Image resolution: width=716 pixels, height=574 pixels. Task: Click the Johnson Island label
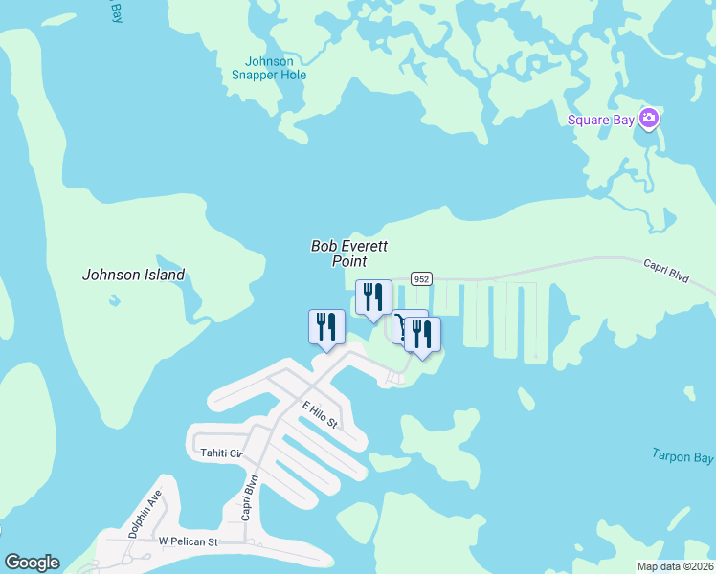133,275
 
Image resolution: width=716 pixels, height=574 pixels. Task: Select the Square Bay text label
602,120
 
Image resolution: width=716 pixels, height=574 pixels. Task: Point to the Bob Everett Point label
349,254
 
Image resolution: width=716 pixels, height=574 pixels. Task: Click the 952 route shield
422,278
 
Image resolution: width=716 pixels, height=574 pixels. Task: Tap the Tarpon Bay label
683,455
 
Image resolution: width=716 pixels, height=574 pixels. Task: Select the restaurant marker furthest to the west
326,326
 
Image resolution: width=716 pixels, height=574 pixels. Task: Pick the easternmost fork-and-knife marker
422,333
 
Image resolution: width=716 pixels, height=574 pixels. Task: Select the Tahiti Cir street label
221,453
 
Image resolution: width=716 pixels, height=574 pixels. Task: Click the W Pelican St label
189,541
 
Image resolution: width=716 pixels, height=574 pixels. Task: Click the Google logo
32,563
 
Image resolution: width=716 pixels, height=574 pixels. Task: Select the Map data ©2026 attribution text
676,566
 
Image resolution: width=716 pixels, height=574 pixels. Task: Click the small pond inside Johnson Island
115,299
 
